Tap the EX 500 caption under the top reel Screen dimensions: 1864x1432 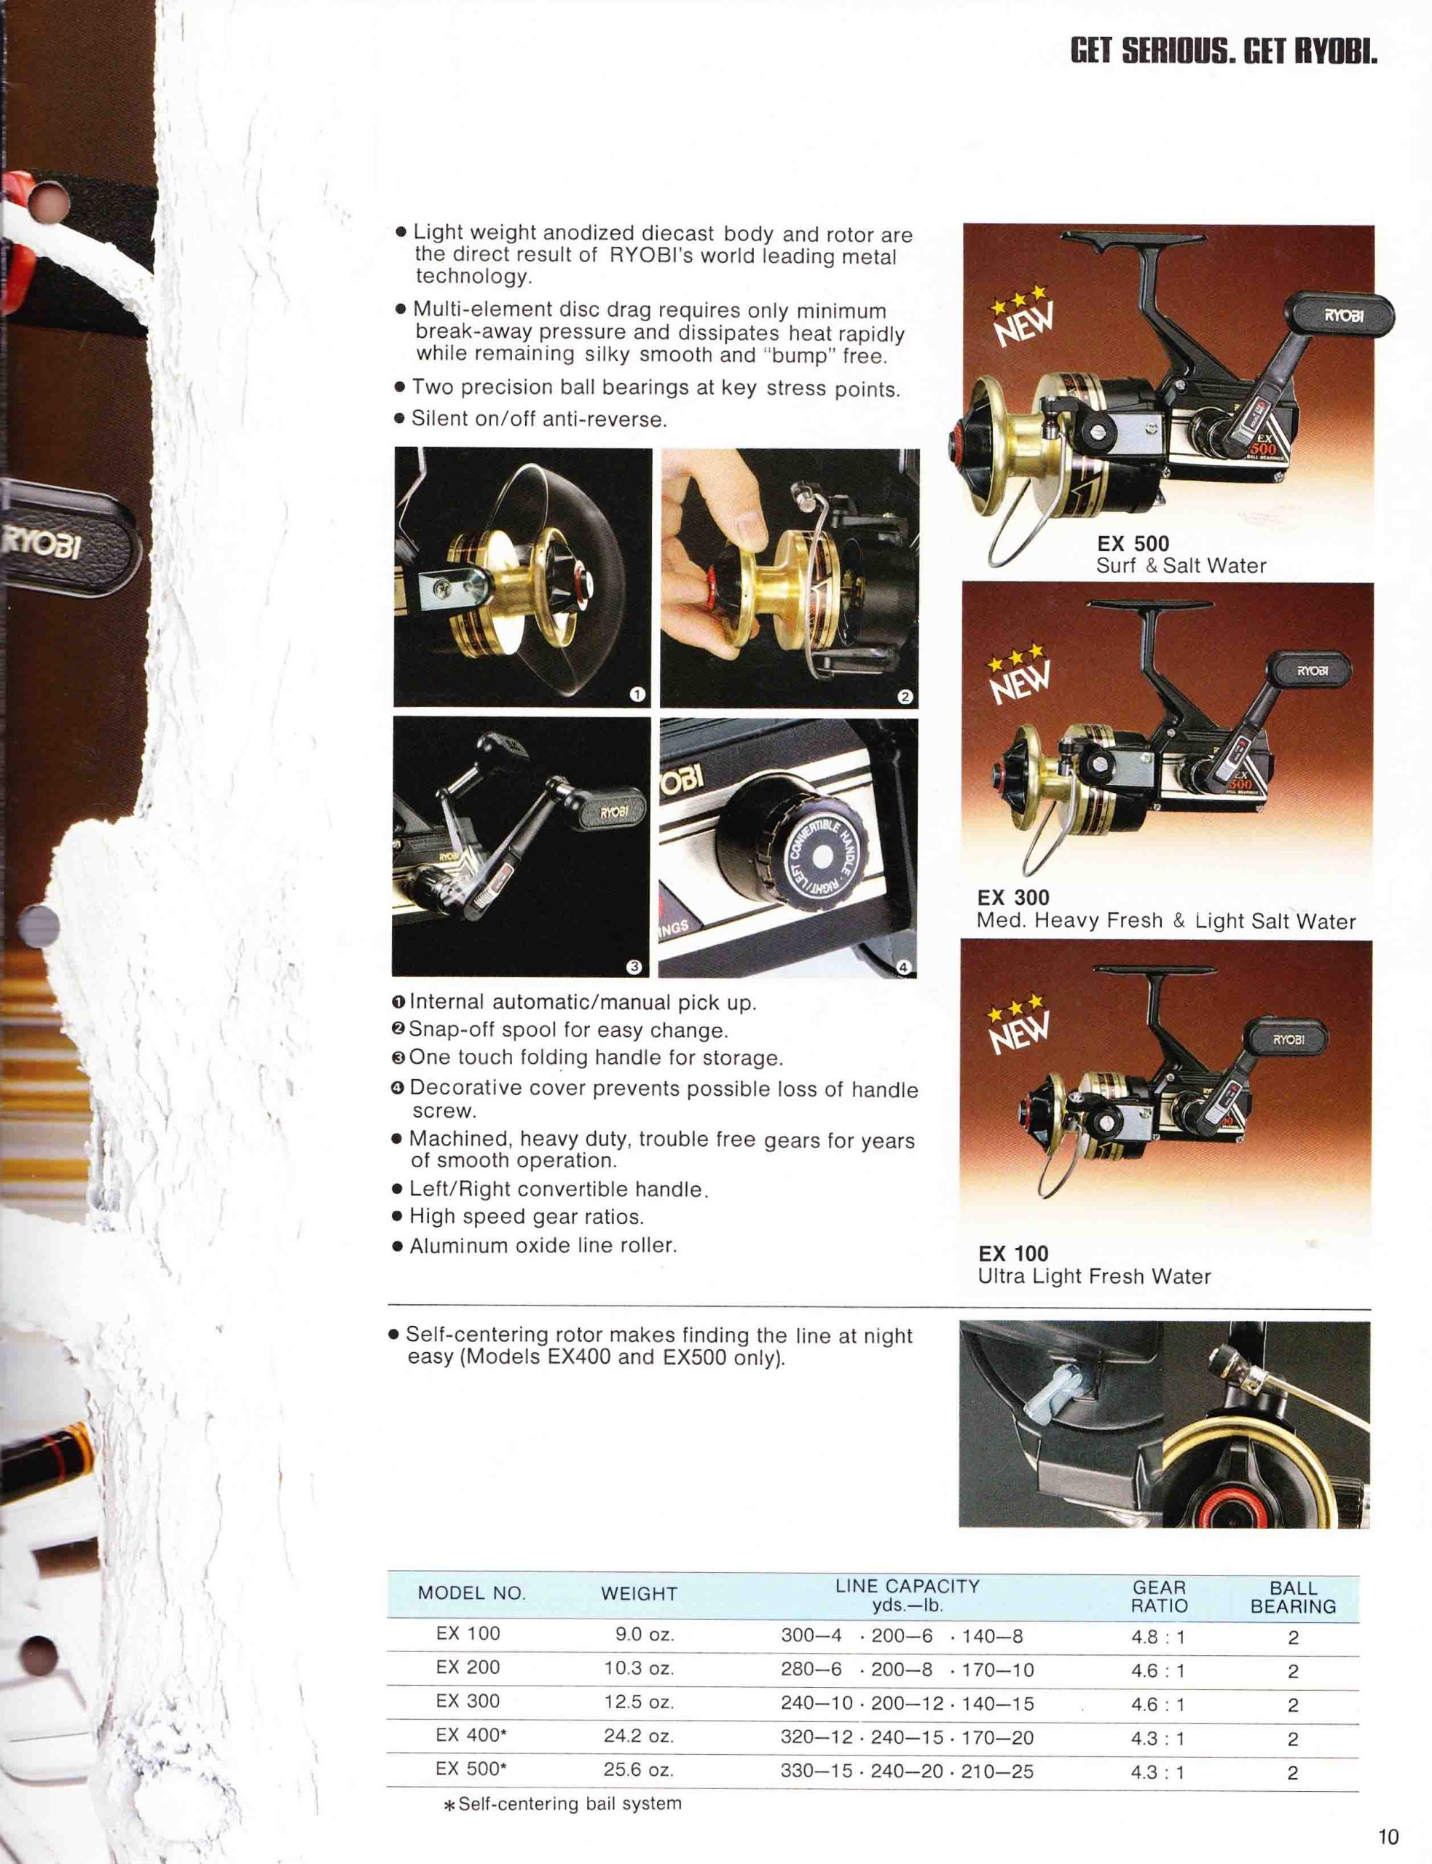click(1133, 542)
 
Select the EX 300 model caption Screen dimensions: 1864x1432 click(1012, 897)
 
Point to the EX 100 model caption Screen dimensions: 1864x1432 click(1012, 1253)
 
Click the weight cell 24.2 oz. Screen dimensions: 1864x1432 click(639, 1735)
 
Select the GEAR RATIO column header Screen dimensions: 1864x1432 click(1158, 1597)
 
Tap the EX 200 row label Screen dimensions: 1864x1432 click(467, 1667)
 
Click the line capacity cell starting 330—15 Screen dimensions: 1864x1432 click(906, 1771)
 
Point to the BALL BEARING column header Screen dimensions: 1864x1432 click(1292, 1597)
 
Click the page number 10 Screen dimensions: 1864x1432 click(1388, 1836)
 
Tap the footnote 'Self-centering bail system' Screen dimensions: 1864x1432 click(569, 1804)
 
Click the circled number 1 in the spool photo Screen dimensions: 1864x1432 click(636, 695)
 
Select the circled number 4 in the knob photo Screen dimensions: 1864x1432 click(903, 966)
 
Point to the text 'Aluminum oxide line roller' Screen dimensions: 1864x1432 click(542, 1246)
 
